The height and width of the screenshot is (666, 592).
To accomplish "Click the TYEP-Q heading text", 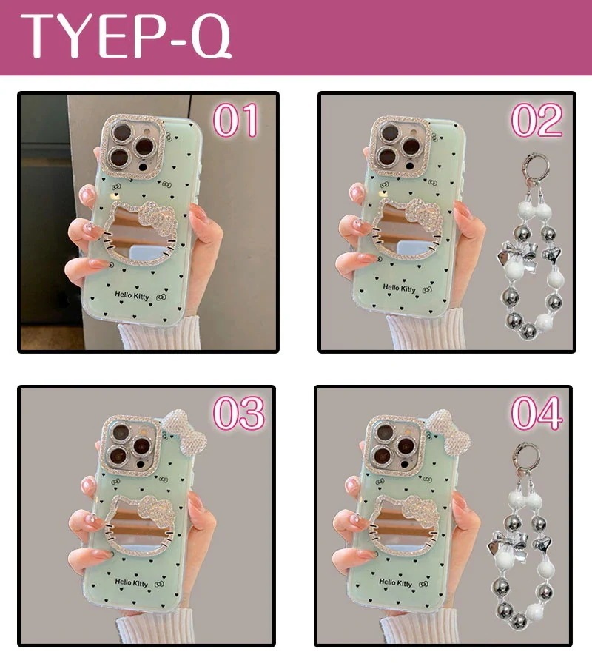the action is pyautogui.click(x=126, y=36).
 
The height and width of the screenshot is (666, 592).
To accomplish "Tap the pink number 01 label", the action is pyautogui.click(x=236, y=120).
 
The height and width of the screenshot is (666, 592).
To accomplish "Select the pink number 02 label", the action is pyautogui.click(x=537, y=120).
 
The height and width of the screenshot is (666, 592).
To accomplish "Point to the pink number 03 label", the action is pyautogui.click(x=239, y=413).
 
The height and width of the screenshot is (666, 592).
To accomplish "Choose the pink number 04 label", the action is pyautogui.click(x=537, y=413).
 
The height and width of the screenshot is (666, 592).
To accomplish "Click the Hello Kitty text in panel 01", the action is pyautogui.click(x=132, y=295).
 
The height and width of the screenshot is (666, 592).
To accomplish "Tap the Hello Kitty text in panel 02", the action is pyautogui.click(x=399, y=289).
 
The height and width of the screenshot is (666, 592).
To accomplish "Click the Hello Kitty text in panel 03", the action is pyautogui.click(x=132, y=583).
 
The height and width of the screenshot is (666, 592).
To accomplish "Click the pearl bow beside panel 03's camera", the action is pyautogui.click(x=185, y=431).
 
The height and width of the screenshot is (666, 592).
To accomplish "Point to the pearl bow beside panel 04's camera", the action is pyautogui.click(x=449, y=431).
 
